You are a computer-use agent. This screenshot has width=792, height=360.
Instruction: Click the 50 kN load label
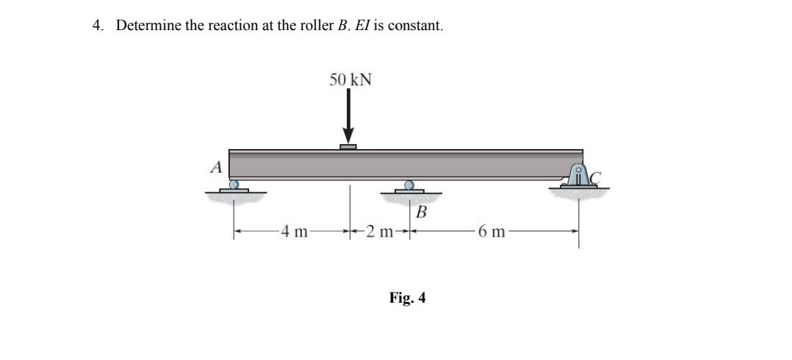(350, 79)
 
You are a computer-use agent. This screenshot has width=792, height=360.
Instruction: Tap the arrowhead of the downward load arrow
(349, 137)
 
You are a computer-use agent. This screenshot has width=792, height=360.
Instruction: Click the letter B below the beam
(421, 213)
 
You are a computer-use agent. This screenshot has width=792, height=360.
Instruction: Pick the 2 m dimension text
(381, 234)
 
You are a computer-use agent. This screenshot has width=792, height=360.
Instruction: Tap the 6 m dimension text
(490, 234)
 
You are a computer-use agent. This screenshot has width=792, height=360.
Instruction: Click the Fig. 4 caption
(407, 298)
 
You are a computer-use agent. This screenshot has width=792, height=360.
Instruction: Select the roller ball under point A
(234, 184)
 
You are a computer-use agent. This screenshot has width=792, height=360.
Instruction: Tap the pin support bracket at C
(580, 177)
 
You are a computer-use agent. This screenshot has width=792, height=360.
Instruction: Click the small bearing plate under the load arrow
(348, 147)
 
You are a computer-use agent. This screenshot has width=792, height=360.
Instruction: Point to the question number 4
(97, 26)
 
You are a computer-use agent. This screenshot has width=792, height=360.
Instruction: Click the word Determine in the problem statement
(146, 26)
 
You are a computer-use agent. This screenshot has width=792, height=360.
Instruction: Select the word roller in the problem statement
(317, 26)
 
